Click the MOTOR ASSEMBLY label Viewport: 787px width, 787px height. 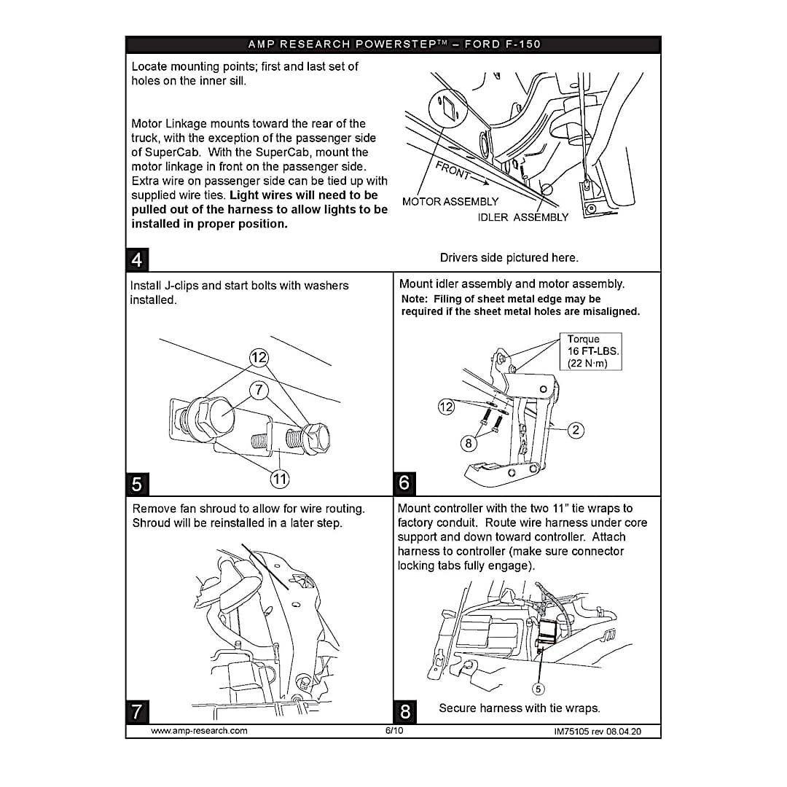(x=450, y=202)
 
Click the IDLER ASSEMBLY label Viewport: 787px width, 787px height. (x=523, y=217)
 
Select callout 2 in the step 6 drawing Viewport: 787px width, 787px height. (x=576, y=430)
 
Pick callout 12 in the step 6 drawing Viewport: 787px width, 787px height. (x=446, y=407)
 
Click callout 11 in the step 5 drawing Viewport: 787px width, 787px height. (x=280, y=478)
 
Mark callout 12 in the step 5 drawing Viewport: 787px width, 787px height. (x=259, y=358)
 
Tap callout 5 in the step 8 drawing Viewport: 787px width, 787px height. (x=539, y=689)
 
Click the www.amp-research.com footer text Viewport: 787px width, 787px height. (x=199, y=731)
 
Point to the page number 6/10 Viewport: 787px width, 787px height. (x=394, y=730)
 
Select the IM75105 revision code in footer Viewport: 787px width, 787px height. (x=598, y=731)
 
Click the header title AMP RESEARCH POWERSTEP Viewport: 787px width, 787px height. (x=394, y=44)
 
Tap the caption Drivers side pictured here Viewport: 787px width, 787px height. (x=509, y=257)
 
